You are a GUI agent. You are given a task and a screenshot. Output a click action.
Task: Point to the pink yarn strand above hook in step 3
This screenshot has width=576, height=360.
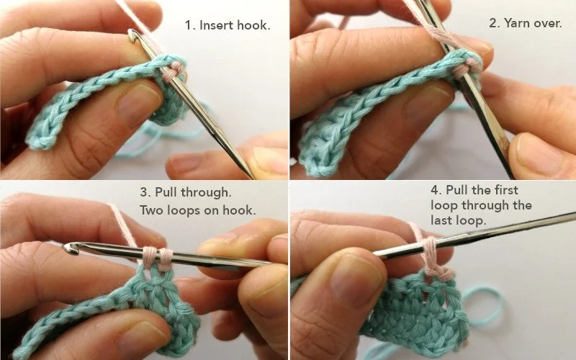[x=122, y=223]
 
